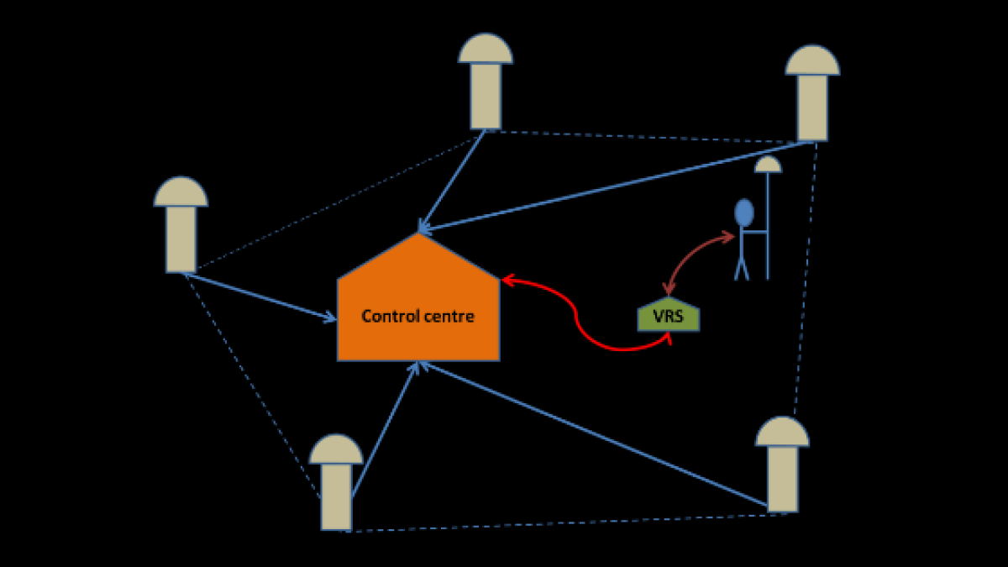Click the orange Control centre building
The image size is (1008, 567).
(418, 336)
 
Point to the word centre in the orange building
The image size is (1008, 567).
(449, 317)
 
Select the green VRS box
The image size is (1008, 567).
(669, 318)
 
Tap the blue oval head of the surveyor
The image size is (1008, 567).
(743, 213)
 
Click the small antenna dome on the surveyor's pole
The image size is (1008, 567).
(768, 165)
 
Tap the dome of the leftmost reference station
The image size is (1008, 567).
(181, 193)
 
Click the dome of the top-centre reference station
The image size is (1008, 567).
(486, 50)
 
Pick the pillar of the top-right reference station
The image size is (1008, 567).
(812, 108)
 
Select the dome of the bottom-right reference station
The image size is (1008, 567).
(782, 433)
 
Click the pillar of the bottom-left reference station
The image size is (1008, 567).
(336, 496)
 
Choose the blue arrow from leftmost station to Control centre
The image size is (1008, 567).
(260, 297)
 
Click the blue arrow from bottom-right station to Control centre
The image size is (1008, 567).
(596, 436)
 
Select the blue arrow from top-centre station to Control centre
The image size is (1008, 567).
(454, 179)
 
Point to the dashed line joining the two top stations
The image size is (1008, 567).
(647, 136)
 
